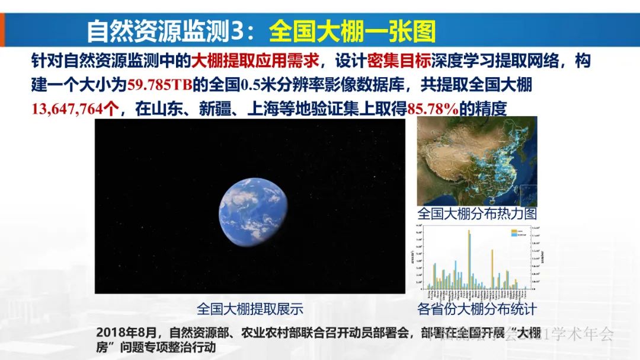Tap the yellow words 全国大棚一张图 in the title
point(352,31)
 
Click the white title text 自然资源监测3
point(166,31)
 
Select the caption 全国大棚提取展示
point(249,308)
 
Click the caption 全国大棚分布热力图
point(476,214)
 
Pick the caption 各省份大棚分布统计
point(476,309)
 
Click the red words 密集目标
point(389,61)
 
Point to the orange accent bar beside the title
point(2,30)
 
